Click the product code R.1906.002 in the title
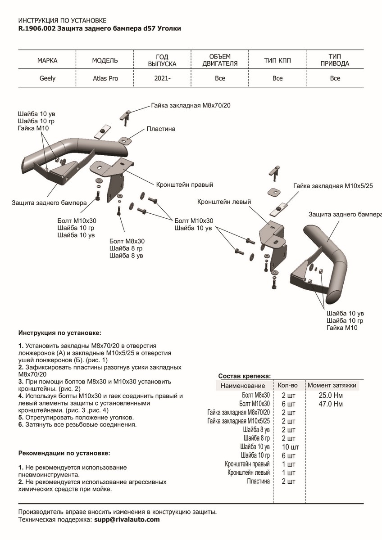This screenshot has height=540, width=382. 37,29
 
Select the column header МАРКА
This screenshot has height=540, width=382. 47,60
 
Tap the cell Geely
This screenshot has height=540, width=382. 47,78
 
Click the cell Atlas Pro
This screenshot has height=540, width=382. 105,78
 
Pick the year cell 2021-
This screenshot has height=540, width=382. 162,78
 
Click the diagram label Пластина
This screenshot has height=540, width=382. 161,129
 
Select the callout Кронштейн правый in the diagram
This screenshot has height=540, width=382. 184,184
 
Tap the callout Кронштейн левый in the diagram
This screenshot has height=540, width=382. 224,202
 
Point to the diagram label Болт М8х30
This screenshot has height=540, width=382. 127,241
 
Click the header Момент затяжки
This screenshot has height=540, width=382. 332,385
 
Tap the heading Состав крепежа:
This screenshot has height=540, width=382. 245,376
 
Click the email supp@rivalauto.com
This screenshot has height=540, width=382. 127,519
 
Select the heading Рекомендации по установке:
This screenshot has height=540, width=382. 64,453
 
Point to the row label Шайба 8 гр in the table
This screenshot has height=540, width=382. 256,438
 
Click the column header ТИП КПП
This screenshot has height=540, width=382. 277,60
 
